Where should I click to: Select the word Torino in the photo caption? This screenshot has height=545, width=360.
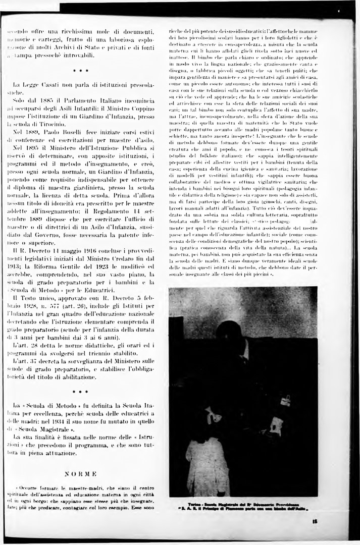(x=194, y=504)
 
